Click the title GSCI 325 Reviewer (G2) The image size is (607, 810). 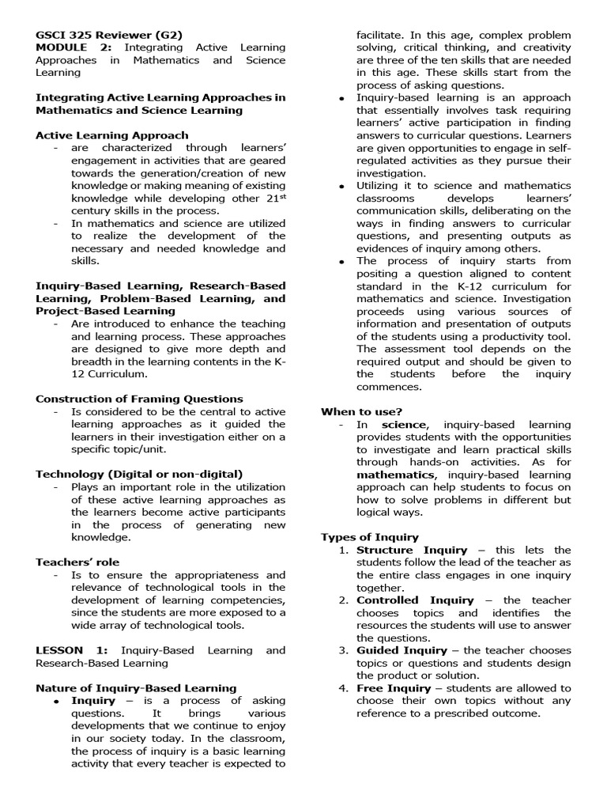pos(109,35)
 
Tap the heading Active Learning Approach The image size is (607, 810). pos(112,135)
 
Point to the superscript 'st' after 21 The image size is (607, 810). pos(280,195)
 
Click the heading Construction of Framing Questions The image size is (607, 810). pos(139,399)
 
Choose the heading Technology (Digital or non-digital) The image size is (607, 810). pos(139,474)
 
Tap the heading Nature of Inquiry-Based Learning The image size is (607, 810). pos(136,688)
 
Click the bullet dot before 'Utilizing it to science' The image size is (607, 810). pos(341,186)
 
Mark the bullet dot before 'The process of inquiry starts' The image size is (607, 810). pos(341,261)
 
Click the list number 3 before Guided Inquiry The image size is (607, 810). pos(343,651)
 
